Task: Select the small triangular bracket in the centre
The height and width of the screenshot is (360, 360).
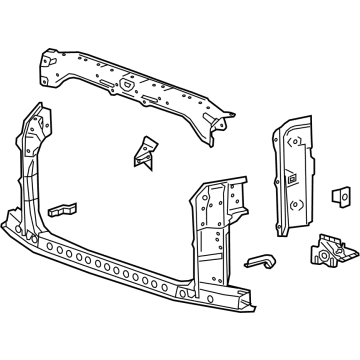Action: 142,150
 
